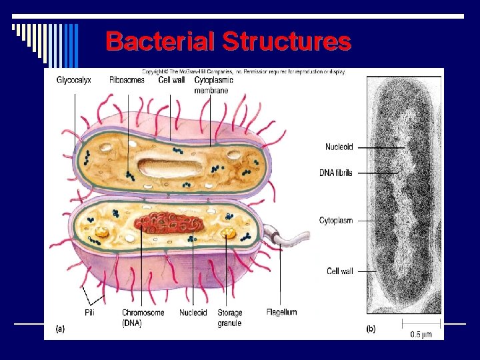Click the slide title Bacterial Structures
[x=228, y=41]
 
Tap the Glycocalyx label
[x=74, y=80]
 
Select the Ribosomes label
[x=127, y=80]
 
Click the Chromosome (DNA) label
[x=143, y=317]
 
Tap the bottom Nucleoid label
[x=193, y=313]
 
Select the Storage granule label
[x=230, y=317]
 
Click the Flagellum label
[x=281, y=312]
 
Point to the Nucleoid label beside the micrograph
[x=339, y=147]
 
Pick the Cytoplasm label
[x=336, y=220]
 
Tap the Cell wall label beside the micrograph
[x=339, y=271]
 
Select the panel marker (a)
[x=60, y=328]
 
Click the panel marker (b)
[x=371, y=329]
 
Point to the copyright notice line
[x=243, y=71]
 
